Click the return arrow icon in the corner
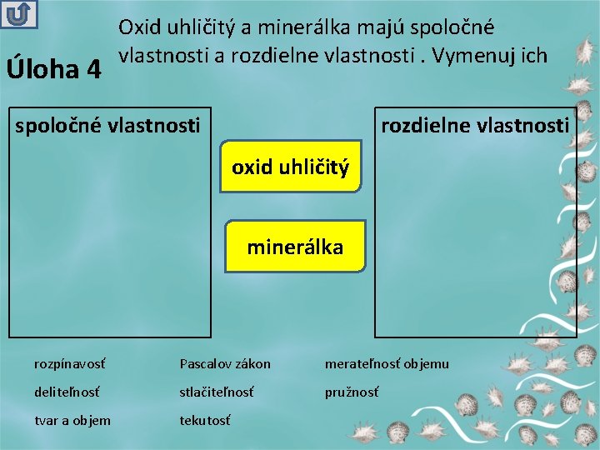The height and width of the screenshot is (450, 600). pos(17,15)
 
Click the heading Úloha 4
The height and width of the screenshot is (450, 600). pos(54,67)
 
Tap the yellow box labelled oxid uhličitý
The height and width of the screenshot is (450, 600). pos(290,167)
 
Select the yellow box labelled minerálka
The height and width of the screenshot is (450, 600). pos(295,247)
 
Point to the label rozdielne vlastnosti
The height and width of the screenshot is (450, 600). pos(475,126)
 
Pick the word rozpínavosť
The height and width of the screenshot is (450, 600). pos(70,363)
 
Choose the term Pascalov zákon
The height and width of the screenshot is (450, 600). pos(225,363)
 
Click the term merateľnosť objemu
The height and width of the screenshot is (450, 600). pos(387,363)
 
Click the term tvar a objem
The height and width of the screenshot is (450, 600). pos(72,420)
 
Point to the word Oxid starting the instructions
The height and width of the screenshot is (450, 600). pos(138,27)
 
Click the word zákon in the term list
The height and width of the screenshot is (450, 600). pos(253,363)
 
